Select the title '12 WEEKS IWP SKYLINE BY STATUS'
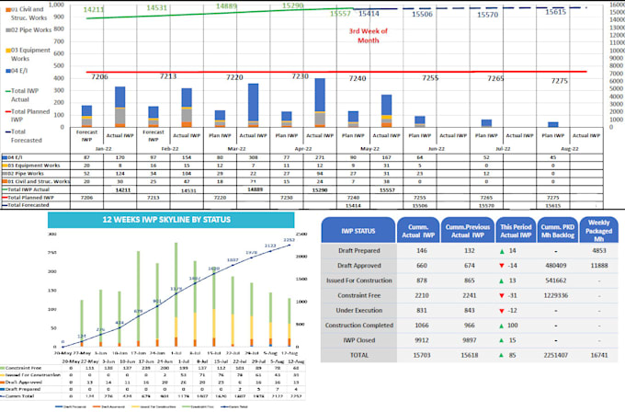tap(170, 222)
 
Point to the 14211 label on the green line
tap(94, 9)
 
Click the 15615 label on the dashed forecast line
tap(556, 12)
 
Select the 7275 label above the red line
tap(559, 81)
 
